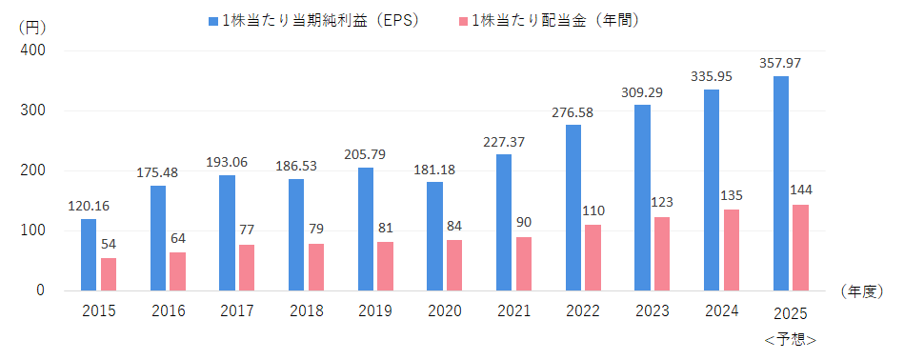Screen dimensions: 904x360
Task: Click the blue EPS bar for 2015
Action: [x=89, y=254]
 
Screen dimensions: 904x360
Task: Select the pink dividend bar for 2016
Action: [x=177, y=271]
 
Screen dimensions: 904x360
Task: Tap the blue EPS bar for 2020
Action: [x=434, y=236]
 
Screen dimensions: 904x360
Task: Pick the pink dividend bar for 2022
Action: [x=593, y=257]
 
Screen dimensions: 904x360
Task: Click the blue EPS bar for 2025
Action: [x=780, y=183]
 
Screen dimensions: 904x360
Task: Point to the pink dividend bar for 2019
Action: [x=385, y=266]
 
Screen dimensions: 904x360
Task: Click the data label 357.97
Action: [x=780, y=63]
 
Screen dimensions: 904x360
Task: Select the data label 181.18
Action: [x=434, y=170]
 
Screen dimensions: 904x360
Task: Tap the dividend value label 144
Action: [x=800, y=190]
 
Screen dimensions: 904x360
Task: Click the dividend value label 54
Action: [x=109, y=244]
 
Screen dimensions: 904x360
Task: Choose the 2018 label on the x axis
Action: [x=307, y=311]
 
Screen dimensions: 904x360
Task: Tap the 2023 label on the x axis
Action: [x=653, y=311]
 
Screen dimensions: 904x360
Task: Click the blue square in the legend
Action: [x=213, y=21]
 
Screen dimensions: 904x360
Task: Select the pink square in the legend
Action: [x=463, y=21]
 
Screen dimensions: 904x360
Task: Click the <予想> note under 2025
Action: [x=791, y=340]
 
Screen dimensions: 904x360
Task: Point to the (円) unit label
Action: [x=32, y=27]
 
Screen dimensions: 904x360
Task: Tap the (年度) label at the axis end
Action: [x=862, y=291]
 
